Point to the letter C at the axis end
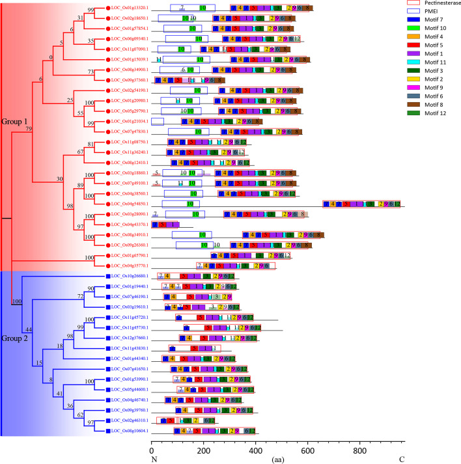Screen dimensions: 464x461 (402, 459)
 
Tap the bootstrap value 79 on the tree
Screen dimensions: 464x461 (29, 129)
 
